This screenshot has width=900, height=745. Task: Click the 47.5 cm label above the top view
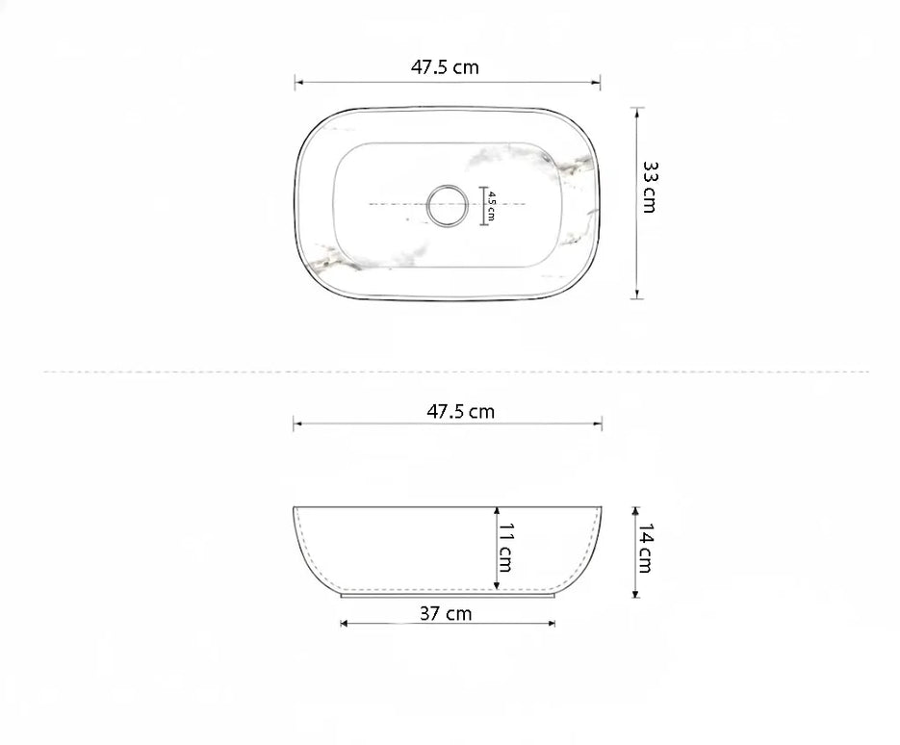click(445, 67)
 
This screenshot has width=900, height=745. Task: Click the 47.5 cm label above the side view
click(460, 412)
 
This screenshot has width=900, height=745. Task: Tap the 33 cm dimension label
click(649, 187)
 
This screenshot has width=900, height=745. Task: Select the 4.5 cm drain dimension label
click(491, 206)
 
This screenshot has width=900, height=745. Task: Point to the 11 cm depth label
click(505, 548)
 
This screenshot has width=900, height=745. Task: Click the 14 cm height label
click(645, 548)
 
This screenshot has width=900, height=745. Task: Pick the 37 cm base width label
click(446, 613)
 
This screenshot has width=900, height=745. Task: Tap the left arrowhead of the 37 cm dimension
click(344, 624)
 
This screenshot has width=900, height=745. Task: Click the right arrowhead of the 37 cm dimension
click(552, 624)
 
